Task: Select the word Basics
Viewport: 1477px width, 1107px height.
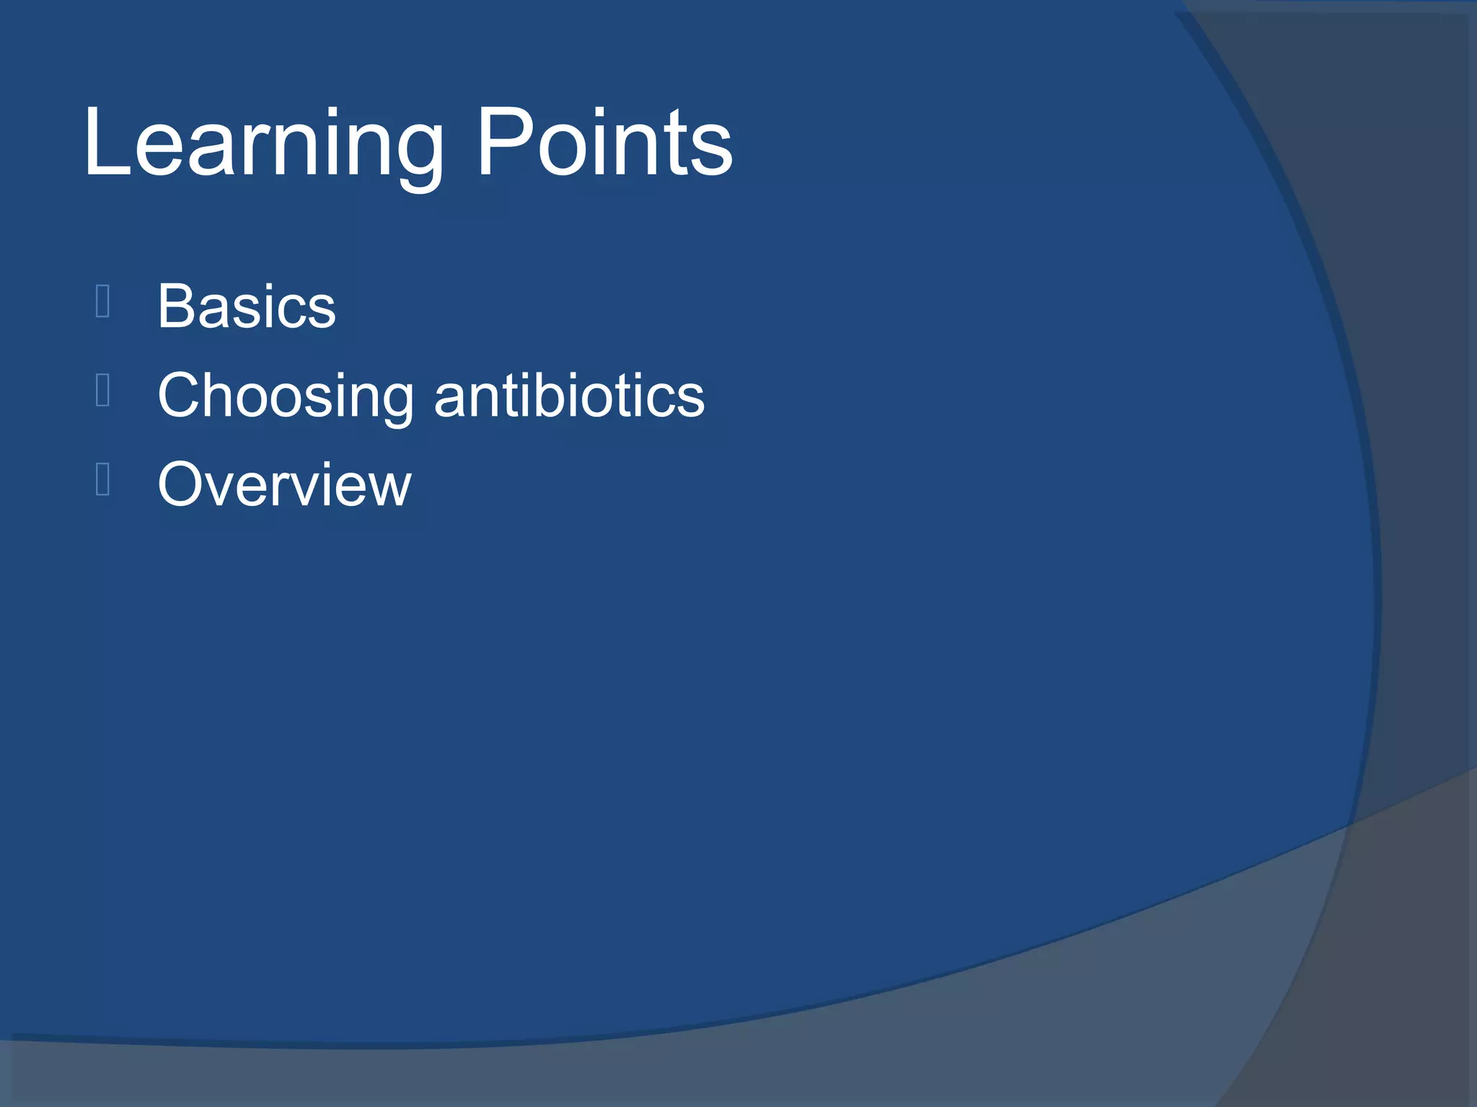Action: (247, 306)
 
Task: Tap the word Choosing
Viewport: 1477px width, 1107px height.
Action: (286, 396)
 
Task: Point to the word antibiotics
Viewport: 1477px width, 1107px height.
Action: (569, 396)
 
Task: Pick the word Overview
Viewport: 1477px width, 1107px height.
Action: (284, 484)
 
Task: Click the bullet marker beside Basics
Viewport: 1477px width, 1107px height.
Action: (102, 301)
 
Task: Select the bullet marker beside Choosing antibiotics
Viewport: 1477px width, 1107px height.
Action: (102, 390)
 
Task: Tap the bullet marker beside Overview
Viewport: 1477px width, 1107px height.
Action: (102, 479)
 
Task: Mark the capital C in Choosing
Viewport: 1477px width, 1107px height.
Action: (180, 396)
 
